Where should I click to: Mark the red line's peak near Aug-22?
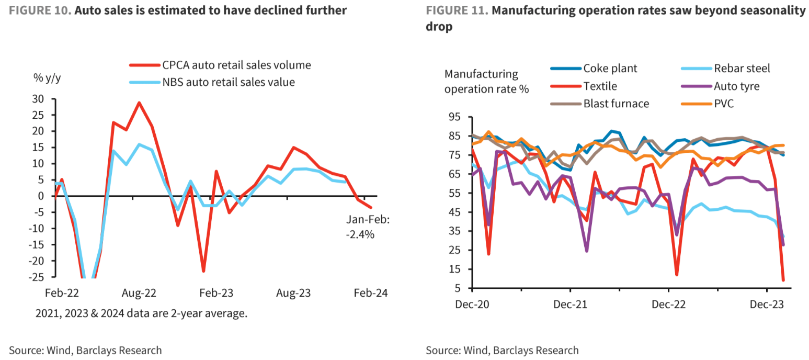coord(139,103)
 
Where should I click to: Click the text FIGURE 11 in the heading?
coord(456,10)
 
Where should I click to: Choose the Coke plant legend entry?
coord(610,69)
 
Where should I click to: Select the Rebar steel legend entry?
coord(742,69)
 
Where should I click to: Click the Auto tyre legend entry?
coord(736,86)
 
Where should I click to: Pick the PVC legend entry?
coord(723,104)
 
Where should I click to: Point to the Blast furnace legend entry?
coord(616,104)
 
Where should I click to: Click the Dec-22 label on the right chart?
coord(668,304)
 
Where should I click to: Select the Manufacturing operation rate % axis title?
coord(486,81)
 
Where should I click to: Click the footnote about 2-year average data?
coord(141,314)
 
